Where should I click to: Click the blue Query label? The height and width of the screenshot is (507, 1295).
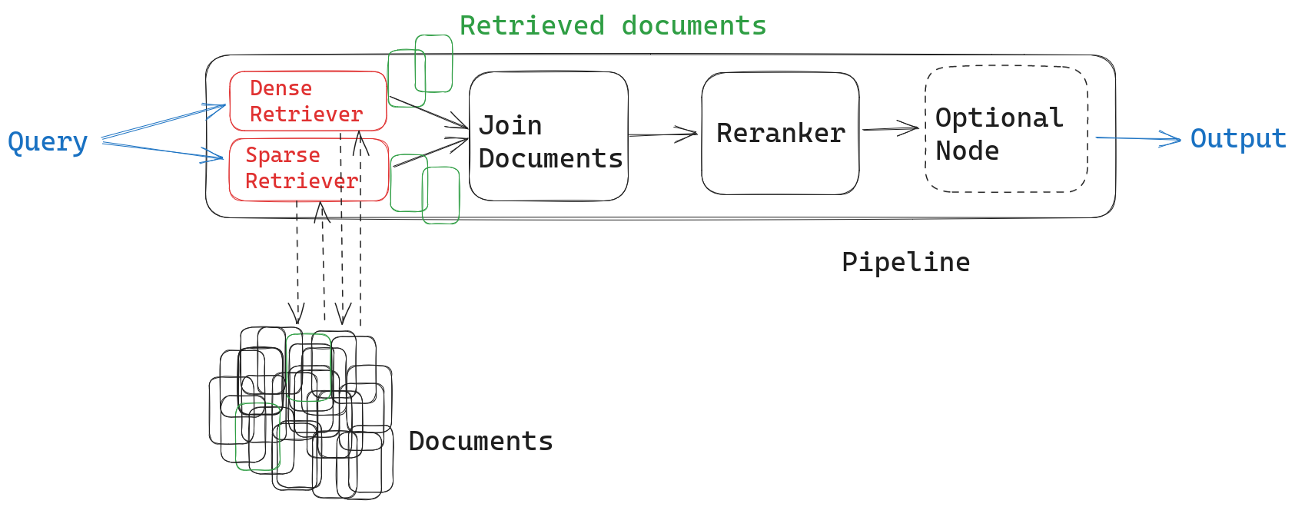click(48, 142)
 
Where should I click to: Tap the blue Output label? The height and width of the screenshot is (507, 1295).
click(1237, 138)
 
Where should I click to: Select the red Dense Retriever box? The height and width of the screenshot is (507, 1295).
click(307, 101)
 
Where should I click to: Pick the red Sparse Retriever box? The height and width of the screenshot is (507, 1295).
click(307, 169)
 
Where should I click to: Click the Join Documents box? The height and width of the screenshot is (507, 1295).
click(549, 137)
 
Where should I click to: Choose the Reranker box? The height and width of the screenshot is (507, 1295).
click(780, 134)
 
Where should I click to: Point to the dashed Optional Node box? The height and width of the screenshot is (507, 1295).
click(1006, 129)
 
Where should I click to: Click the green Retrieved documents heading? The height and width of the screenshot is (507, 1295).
click(613, 25)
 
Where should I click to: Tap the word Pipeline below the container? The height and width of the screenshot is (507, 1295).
click(905, 262)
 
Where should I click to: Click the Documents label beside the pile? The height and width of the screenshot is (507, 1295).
click(480, 441)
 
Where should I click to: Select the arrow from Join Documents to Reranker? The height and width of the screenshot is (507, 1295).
click(662, 134)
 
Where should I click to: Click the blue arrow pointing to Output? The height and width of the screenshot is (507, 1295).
click(1137, 138)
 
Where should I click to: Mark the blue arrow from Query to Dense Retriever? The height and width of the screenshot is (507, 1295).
click(164, 123)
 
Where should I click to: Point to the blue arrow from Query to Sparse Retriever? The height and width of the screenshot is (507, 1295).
click(164, 151)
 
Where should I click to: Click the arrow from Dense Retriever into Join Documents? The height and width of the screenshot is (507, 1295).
click(428, 112)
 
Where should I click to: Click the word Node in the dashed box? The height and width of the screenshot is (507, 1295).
click(967, 151)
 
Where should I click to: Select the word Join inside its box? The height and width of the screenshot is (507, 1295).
click(510, 125)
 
